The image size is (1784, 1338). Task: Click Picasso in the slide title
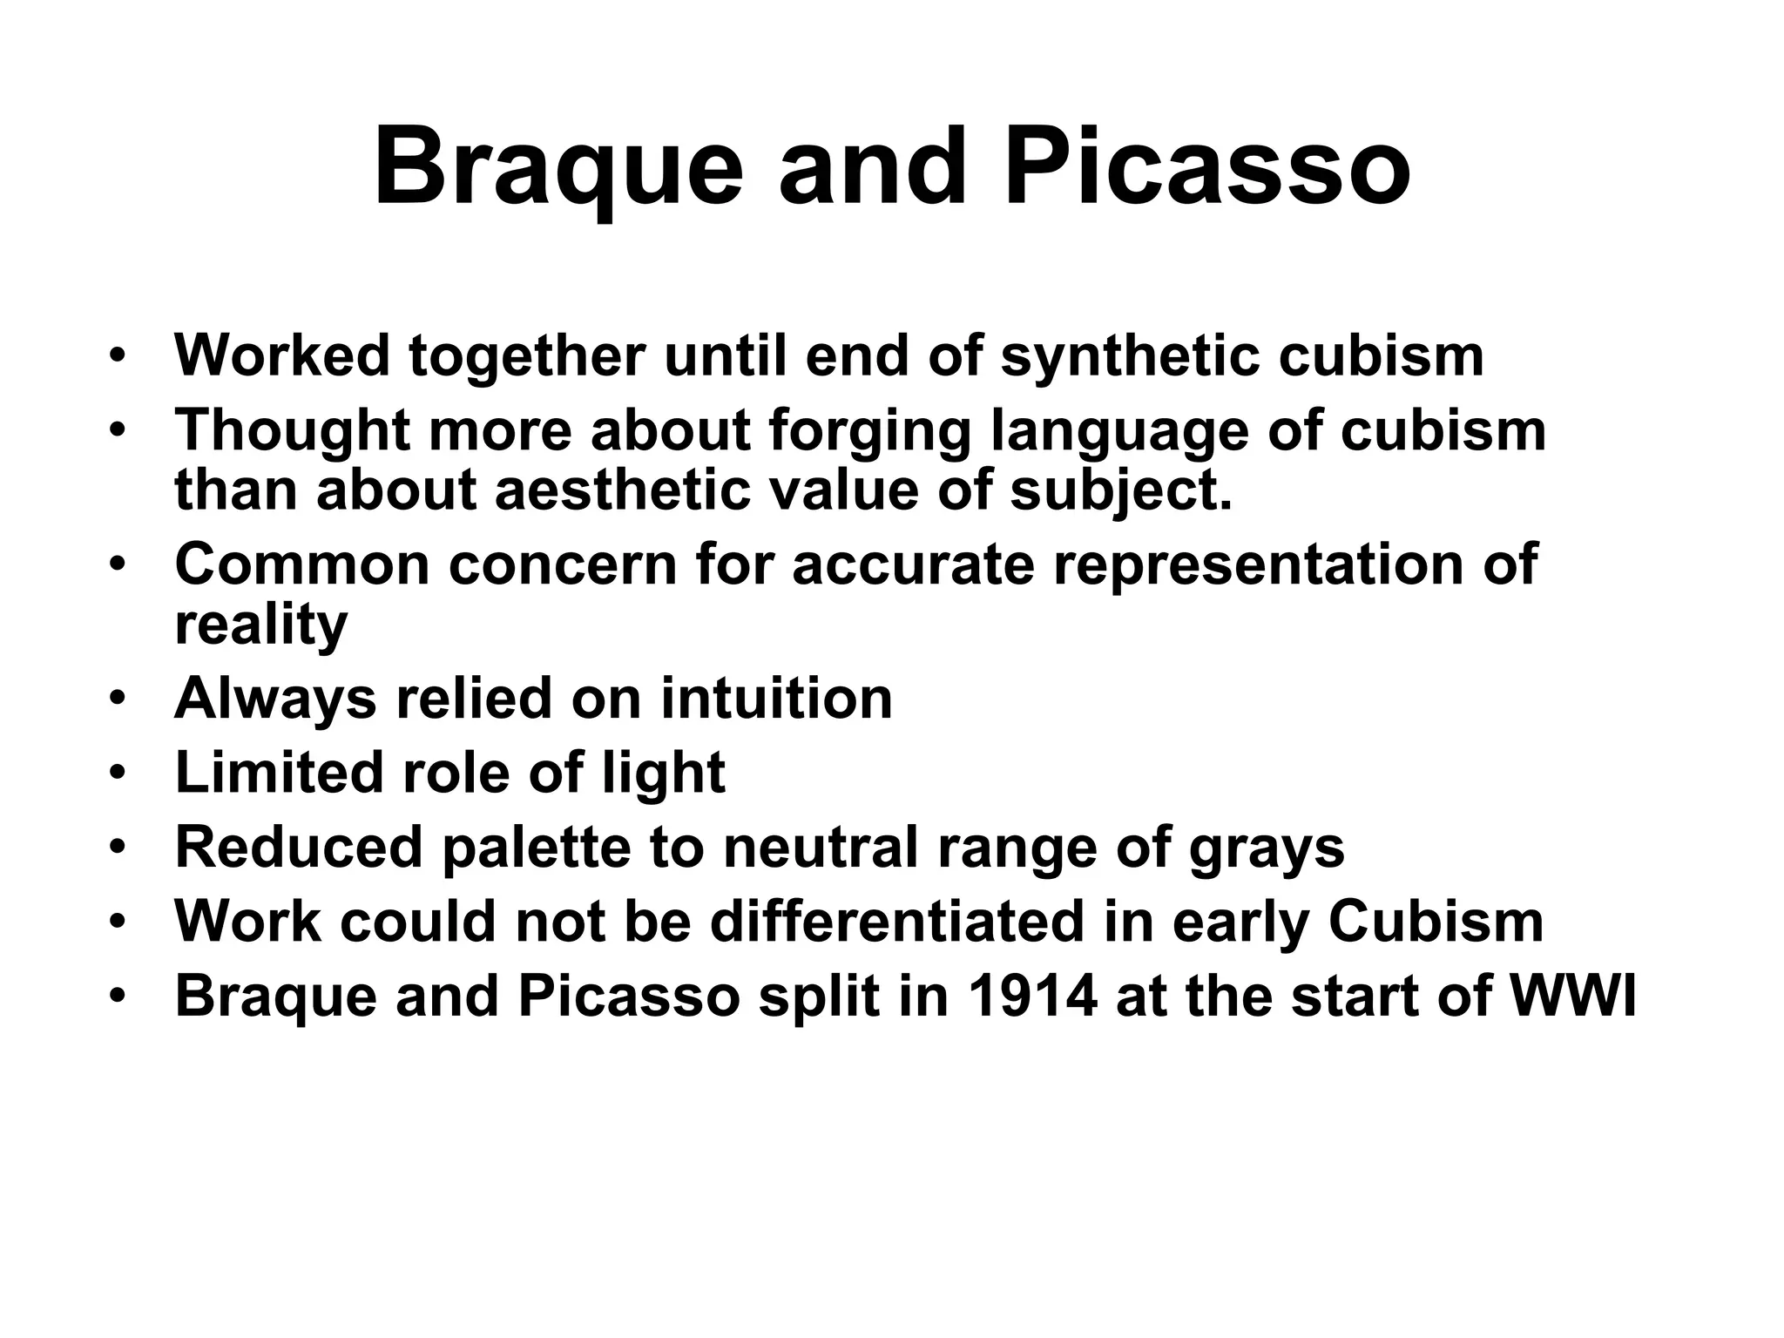(x=1207, y=167)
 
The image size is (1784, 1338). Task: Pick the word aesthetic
(x=623, y=490)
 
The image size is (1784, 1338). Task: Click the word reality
(x=261, y=624)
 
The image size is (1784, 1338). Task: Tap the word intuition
(x=776, y=699)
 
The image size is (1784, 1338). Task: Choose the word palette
(x=536, y=847)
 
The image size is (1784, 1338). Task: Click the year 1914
(x=1031, y=996)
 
